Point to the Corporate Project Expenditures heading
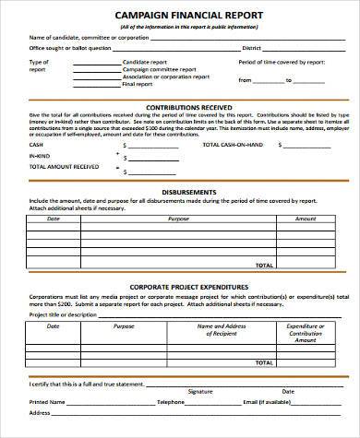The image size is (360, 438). click(x=180, y=286)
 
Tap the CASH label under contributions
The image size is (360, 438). click(x=35, y=146)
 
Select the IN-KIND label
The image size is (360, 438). click(x=39, y=156)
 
